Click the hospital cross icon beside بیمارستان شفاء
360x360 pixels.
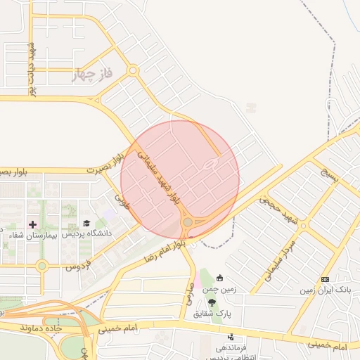(32, 224)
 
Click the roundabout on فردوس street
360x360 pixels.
(42, 266)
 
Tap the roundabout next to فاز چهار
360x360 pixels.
(132, 70)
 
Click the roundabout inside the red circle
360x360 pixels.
(188, 223)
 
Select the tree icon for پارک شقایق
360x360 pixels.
(222, 301)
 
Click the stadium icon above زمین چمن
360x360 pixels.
(220, 277)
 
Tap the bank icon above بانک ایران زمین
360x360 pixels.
(325, 279)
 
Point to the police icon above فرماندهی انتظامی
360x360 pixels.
(230, 337)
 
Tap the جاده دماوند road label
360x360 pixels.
(41, 328)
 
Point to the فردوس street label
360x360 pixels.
(79, 266)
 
